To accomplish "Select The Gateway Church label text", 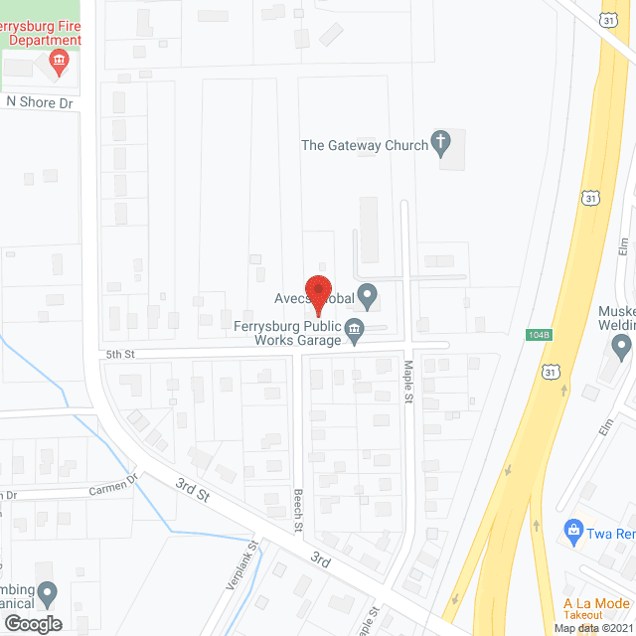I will (x=365, y=145).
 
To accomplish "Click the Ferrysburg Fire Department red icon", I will (x=60, y=63).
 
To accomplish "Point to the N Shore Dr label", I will (x=40, y=101).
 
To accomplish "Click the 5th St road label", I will (x=119, y=353).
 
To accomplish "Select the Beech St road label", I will (x=297, y=509).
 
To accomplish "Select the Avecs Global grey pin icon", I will (x=368, y=294).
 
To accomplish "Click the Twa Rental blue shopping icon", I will (x=572, y=531).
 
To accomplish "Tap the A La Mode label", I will (x=595, y=603).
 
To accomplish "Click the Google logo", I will (x=32, y=623).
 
